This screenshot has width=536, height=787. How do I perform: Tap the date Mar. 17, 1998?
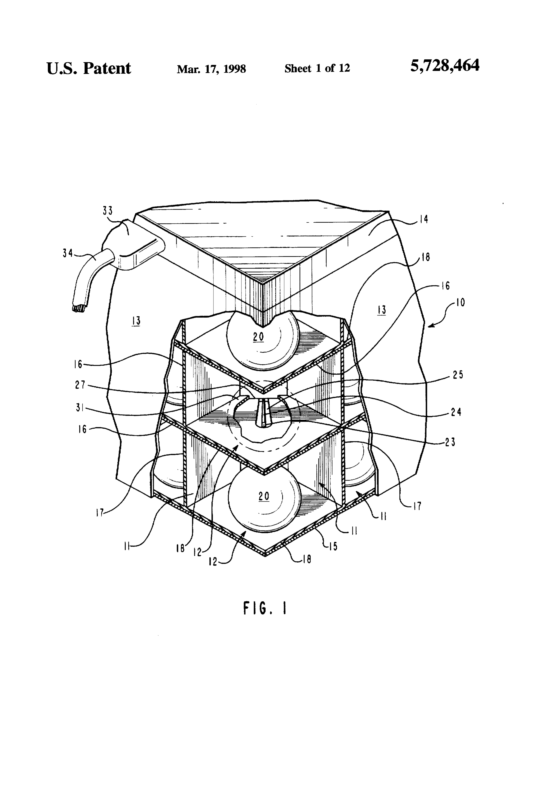coord(211,69)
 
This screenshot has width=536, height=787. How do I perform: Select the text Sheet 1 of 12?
coord(317,68)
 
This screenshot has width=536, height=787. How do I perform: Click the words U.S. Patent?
coord(89,68)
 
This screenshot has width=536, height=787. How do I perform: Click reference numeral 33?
coord(108,211)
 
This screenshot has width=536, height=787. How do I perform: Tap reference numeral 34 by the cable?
coord(68,253)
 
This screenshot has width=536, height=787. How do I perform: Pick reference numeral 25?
coord(457,375)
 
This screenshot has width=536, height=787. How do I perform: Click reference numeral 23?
coord(450,442)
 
